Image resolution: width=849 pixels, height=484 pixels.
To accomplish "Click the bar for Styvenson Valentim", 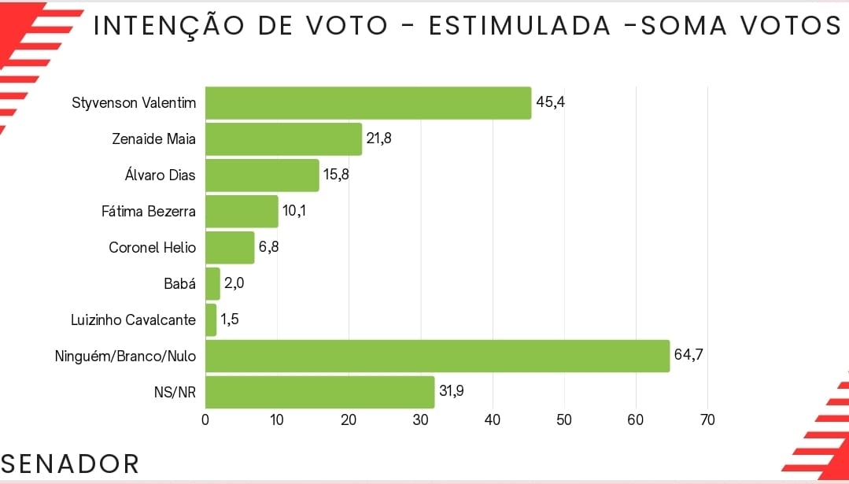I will click(x=367, y=103).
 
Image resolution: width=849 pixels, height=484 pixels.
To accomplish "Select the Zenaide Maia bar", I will click(x=283, y=139).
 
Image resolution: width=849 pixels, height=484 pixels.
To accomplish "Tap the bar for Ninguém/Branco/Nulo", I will click(x=437, y=357).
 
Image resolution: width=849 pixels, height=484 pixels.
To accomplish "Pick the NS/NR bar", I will click(x=319, y=392).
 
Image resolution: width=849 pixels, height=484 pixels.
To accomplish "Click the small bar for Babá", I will click(x=212, y=284).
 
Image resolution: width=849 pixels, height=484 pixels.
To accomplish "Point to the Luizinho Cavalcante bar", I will click(x=211, y=320).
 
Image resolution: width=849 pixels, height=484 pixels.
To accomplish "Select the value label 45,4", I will click(x=551, y=102).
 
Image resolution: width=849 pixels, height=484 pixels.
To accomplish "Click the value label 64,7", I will click(x=688, y=356).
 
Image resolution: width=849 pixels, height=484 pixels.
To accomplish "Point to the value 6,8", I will click(x=269, y=247).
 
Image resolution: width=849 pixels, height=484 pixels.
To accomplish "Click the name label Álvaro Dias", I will click(x=161, y=175).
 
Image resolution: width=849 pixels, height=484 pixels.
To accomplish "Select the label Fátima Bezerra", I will click(x=149, y=211).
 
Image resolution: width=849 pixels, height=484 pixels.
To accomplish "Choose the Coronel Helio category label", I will click(x=153, y=247).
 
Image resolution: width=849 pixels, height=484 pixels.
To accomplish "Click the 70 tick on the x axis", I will click(x=707, y=420).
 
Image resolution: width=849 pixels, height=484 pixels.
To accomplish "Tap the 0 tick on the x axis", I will click(x=205, y=420).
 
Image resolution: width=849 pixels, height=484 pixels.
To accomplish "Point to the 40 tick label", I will click(x=493, y=420).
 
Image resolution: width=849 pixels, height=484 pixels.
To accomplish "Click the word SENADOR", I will click(x=70, y=464).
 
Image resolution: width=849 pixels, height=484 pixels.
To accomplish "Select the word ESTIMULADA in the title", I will click(x=520, y=26).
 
